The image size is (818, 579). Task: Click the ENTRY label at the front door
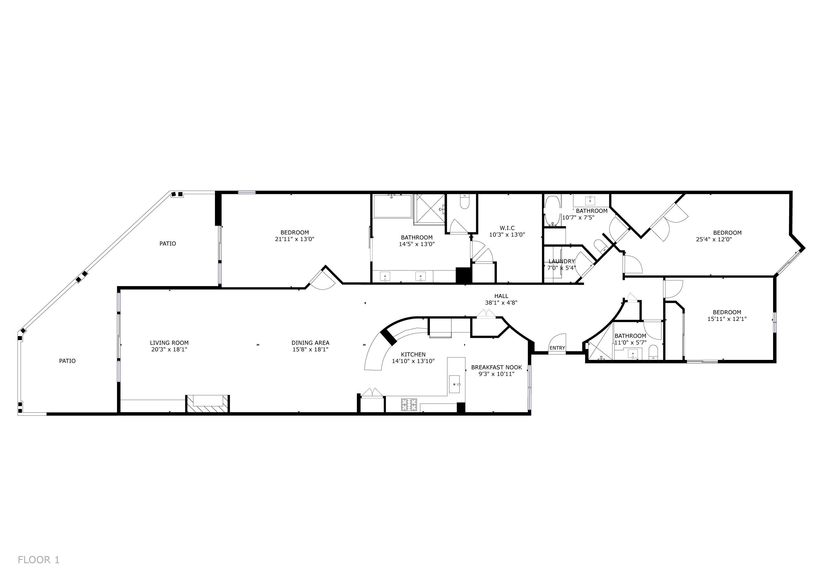557,348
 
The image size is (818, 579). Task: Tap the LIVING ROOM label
169,343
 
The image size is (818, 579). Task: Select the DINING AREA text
310,343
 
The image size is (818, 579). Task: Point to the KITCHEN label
413,355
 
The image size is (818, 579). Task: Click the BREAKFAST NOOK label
497,367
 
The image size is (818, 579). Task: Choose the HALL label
501,296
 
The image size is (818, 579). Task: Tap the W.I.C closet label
507,228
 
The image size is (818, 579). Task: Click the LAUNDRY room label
562,261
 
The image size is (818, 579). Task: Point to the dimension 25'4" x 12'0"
714,239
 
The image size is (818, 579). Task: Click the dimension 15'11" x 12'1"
727,319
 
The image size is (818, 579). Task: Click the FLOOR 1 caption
38,560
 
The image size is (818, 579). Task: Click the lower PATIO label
67,361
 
